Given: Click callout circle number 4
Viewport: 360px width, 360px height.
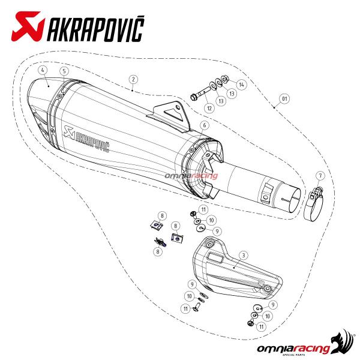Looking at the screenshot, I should coord(43,70).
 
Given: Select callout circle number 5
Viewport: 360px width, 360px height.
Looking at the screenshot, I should coord(63,70).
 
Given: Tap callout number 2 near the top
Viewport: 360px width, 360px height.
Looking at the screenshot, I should coord(133,79).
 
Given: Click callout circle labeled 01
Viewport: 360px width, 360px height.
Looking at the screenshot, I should coord(286,98).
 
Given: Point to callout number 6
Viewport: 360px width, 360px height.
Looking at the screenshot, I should coord(205,125).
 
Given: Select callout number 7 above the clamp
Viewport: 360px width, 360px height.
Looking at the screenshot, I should coord(320,175).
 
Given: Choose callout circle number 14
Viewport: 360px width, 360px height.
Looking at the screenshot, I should coord(241,84).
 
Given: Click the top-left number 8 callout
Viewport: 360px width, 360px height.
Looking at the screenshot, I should coord(161,215).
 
